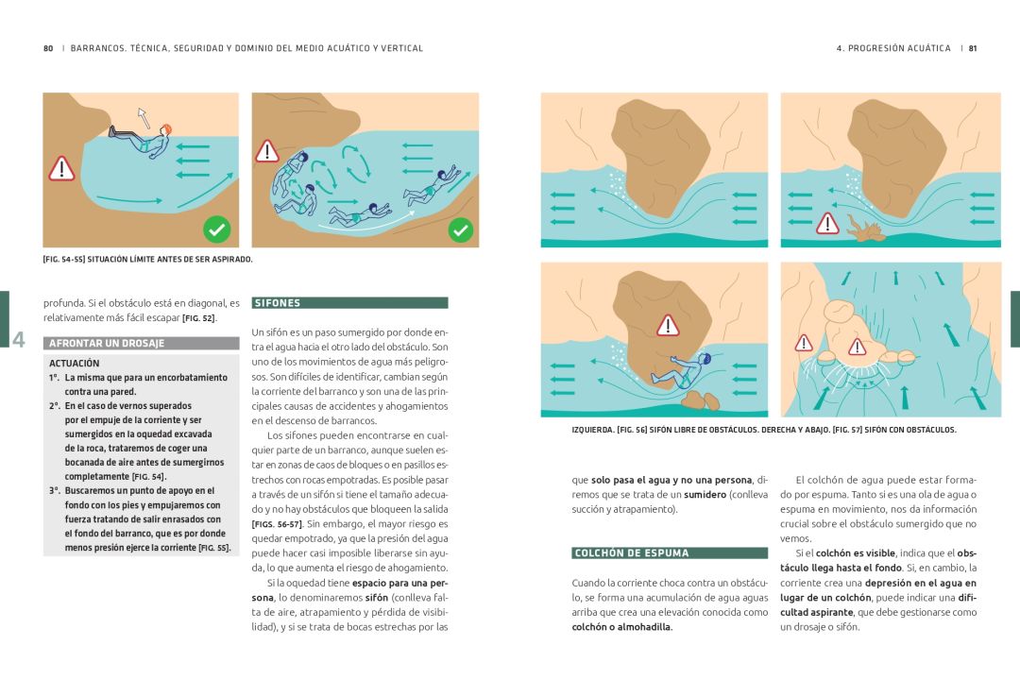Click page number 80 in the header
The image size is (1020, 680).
[x=48, y=48]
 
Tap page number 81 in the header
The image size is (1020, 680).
[x=973, y=48]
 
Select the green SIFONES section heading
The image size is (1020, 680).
[x=350, y=303]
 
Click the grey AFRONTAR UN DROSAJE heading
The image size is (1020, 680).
[x=141, y=343]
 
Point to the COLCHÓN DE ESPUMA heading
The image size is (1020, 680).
[x=670, y=553]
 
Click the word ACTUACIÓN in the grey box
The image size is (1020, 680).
[x=75, y=363]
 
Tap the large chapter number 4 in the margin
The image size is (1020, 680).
[x=19, y=339]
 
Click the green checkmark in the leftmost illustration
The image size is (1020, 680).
[x=216, y=229]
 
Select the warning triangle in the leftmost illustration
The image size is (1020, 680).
[x=61, y=168]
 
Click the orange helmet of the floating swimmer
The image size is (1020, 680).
[x=166, y=129]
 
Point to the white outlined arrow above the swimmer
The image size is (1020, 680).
[x=144, y=118]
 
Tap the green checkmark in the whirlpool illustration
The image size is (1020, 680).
[x=461, y=229]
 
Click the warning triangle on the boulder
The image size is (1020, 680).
[x=668, y=325]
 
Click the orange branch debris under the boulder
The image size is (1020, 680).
[x=865, y=229]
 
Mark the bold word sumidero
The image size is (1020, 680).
[x=705, y=495]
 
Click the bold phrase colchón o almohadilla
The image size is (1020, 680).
[x=621, y=627]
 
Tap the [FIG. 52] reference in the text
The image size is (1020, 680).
[x=199, y=318]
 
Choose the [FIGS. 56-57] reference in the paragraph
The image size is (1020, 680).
[x=277, y=524]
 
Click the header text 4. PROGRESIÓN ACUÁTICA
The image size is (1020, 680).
[x=893, y=48]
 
